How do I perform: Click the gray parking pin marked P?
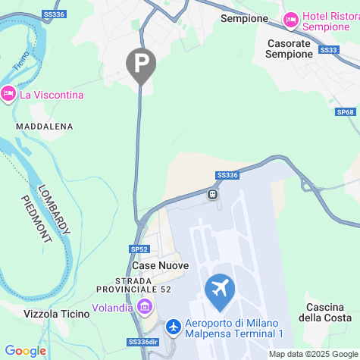(140, 64)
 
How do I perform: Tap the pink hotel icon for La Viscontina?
(8, 94)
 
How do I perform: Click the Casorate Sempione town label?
(290, 49)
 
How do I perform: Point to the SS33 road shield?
(329, 50)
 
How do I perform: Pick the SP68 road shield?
(346, 111)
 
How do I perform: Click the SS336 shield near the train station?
(227, 175)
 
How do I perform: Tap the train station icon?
(214, 194)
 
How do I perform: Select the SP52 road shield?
(139, 249)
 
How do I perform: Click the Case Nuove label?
(160, 265)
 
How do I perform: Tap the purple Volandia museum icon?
(145, 308)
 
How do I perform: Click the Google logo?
(25, 351)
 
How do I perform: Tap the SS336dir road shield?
(144, 342)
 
